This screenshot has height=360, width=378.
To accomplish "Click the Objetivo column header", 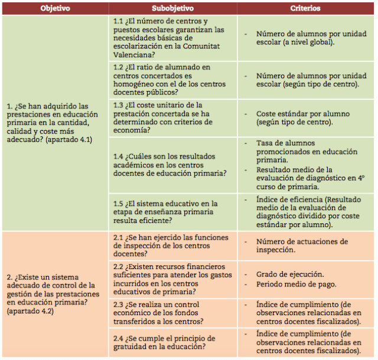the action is [x=55, y=9].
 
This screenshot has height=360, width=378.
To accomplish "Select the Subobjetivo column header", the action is [x=173, y=9].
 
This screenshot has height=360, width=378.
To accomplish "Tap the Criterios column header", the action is [x=305, y=9].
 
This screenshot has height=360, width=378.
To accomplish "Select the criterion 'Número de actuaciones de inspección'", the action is [x=302, y=245].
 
